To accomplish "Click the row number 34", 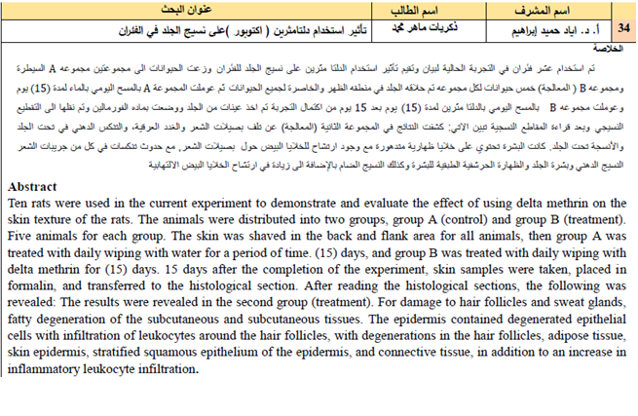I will pos(624,31).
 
